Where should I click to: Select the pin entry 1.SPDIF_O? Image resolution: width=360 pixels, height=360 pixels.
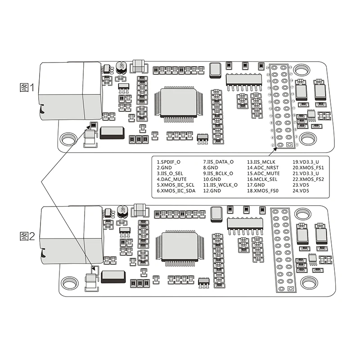[x=169, y=161]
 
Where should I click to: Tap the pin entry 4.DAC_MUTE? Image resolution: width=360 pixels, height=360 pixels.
[x=171, y=179]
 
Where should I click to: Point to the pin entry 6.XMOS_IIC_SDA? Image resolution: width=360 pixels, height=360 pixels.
[x=176, y=190]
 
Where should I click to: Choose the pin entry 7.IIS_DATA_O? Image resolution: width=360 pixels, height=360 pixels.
[x=218, y=161]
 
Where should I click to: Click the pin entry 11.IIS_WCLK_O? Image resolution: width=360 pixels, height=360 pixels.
[x=220, y=184]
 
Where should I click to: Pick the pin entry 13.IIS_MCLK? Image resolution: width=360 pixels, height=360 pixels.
[x=261, y=161]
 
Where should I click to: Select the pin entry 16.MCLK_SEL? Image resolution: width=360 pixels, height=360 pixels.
[x=262, y=179]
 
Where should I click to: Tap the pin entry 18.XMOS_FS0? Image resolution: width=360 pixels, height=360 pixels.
[x=263, y=190]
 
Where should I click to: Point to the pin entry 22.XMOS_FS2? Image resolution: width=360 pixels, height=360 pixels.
[x=308, y=179]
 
